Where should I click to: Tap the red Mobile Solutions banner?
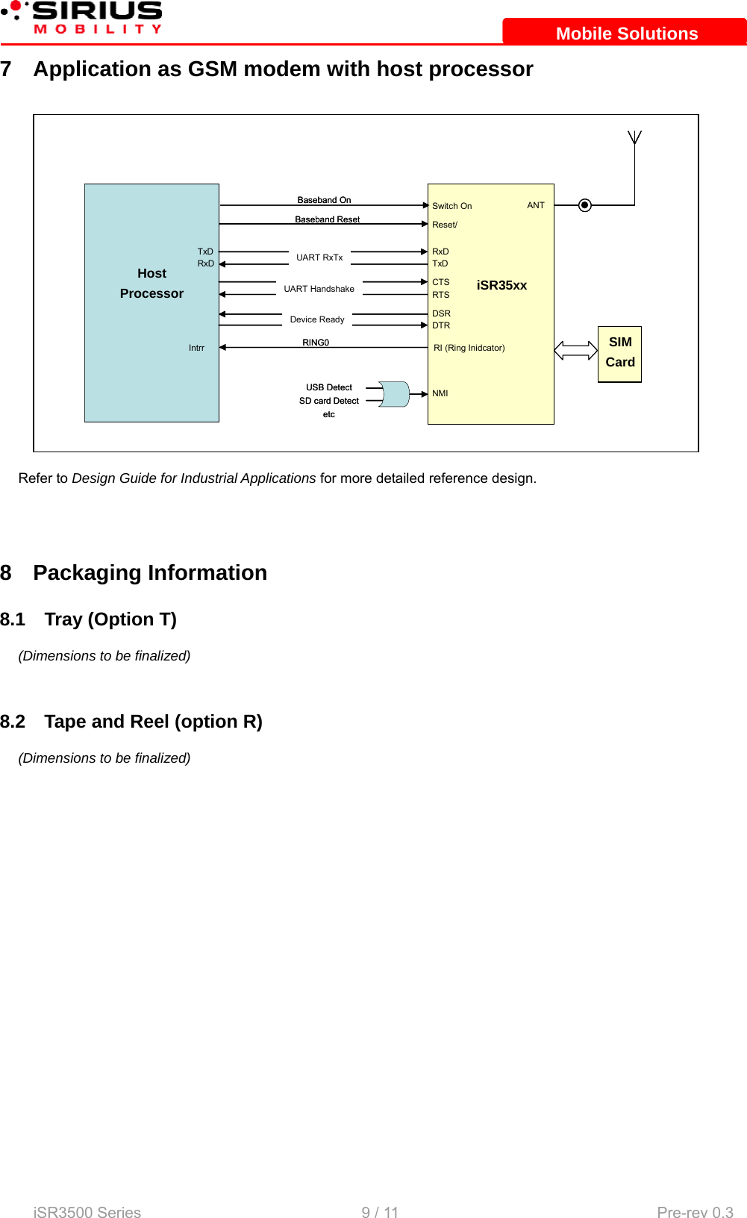pyautogui.click(x=625, y=33)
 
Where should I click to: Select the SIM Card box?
pyautogui.click(x=619, y=354)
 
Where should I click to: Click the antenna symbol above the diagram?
pyautogui.click(x=634, y=137)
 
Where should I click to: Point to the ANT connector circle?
pyautogui.click(x=585, y=205)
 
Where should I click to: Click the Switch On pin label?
pyautogui.click(x=451, y=206)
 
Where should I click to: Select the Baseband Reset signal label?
pyautogui.click(x=327, y=219)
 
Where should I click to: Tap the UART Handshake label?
pyautogui.click(x=319, y=289)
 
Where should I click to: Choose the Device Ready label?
pyautogui.click(x=317, y=319)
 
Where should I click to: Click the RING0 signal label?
pyautogui.click(x=316, y=343)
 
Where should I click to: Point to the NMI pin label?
pyautogui.click(x=440, y=393)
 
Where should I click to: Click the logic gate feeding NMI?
pyautogui.click(x=395, y=394)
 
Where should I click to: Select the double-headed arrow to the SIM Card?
pyautogui.click(x=575, y=350)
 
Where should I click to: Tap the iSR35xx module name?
pyautogui.click(x=501, y=285)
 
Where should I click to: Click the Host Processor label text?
pyautogui.click(x=151, y=284)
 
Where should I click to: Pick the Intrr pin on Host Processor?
pyautogui.click(x=196, y=348)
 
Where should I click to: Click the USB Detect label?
pyautogui.click(x=329, y=387)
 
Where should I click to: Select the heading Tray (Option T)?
pyautogui.click(x=110, y=619)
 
